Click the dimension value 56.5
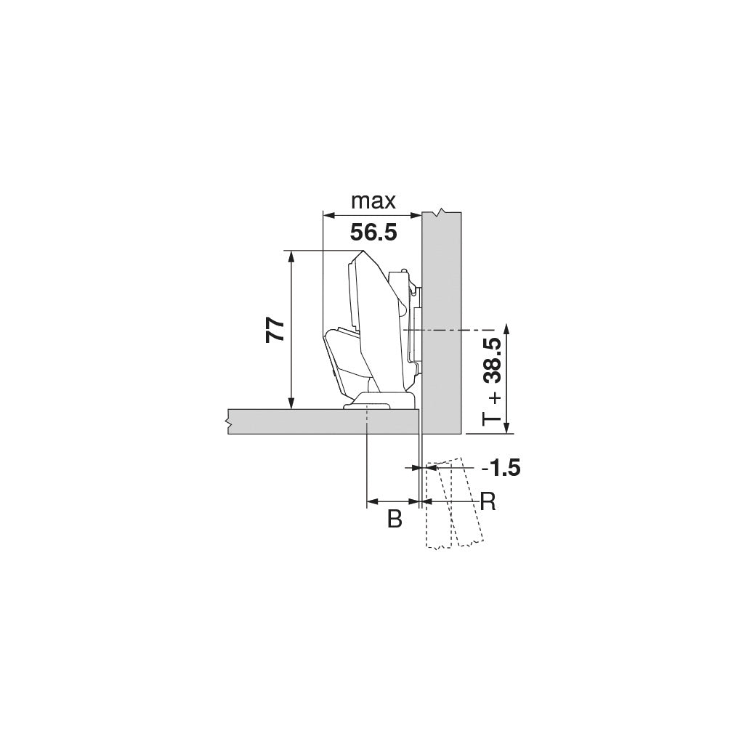tap(373, 232)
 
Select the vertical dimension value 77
tap(275, 331)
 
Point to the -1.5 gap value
tap(501, 468)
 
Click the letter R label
tap(488, 501)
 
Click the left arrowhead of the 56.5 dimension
tap(328, 215)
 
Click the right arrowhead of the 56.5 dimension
tap(417, 215)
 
